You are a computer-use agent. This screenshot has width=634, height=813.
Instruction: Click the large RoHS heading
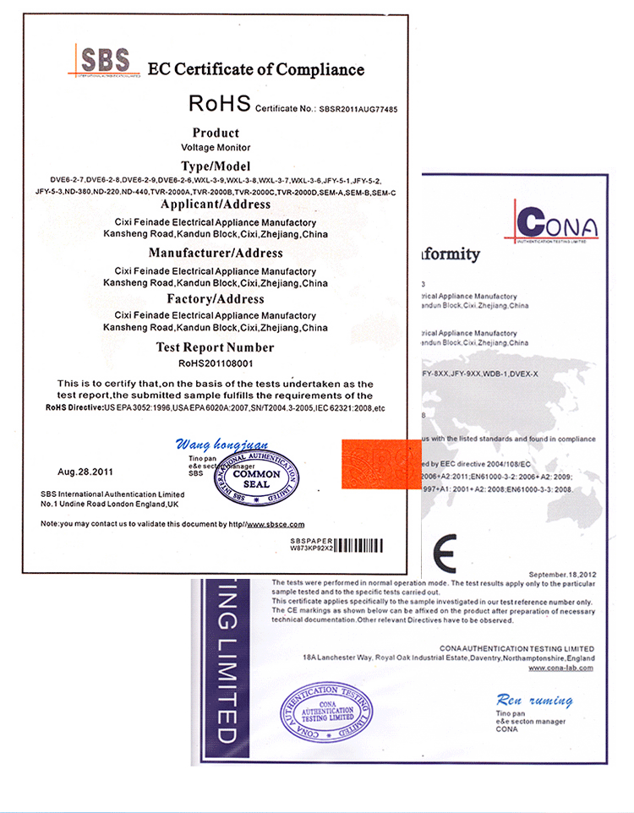219,104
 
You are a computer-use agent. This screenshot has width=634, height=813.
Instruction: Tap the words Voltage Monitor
216,148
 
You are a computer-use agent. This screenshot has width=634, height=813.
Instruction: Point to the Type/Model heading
216,166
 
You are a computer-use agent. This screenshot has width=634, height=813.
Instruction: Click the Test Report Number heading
216,347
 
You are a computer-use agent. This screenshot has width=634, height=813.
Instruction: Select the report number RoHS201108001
216,363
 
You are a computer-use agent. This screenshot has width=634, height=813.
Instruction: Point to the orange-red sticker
380,463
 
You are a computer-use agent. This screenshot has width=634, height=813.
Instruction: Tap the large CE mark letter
443,551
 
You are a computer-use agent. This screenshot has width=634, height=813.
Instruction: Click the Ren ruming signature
534,701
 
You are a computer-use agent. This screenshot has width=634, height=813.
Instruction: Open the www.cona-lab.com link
560,668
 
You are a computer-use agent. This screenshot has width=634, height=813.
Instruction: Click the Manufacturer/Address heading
216,253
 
